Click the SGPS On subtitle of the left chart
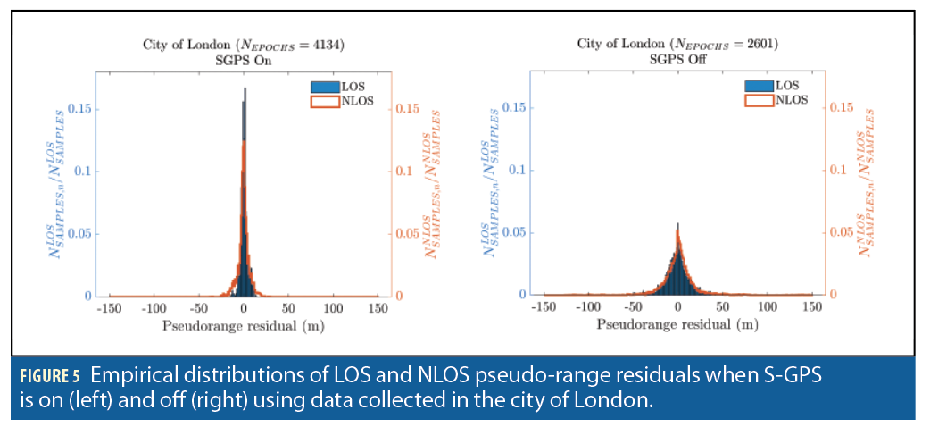point(244,61)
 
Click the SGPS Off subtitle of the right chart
point(677,60)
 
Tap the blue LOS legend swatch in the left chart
point(319,86)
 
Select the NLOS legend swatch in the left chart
point(319,100)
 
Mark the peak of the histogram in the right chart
point(677,223)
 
